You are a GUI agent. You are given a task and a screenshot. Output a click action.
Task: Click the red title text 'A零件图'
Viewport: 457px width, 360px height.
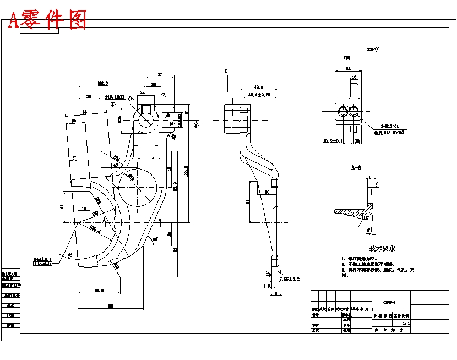click(x=48, y=20)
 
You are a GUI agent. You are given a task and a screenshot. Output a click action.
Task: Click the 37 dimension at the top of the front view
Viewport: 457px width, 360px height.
click(x=160, y=74)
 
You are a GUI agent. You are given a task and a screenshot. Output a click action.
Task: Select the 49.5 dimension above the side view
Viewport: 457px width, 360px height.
click(x=258, y=87)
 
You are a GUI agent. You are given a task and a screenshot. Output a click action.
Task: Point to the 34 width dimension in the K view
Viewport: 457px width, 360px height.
click(x=348, y=69)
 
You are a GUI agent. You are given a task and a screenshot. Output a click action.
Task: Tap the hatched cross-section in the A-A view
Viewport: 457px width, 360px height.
click(x=350, y=212)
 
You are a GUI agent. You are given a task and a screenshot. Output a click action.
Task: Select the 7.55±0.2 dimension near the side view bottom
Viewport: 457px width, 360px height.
click(x=290, y=280)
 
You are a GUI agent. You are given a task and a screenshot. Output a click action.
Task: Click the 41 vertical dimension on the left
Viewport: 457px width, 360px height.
click(x=62, y=206)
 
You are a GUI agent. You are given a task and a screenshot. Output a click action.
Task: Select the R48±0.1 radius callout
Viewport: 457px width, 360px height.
click(x=43, y=259)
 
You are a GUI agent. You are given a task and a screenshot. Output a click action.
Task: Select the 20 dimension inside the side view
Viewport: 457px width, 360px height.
click(x=266, y=192)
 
